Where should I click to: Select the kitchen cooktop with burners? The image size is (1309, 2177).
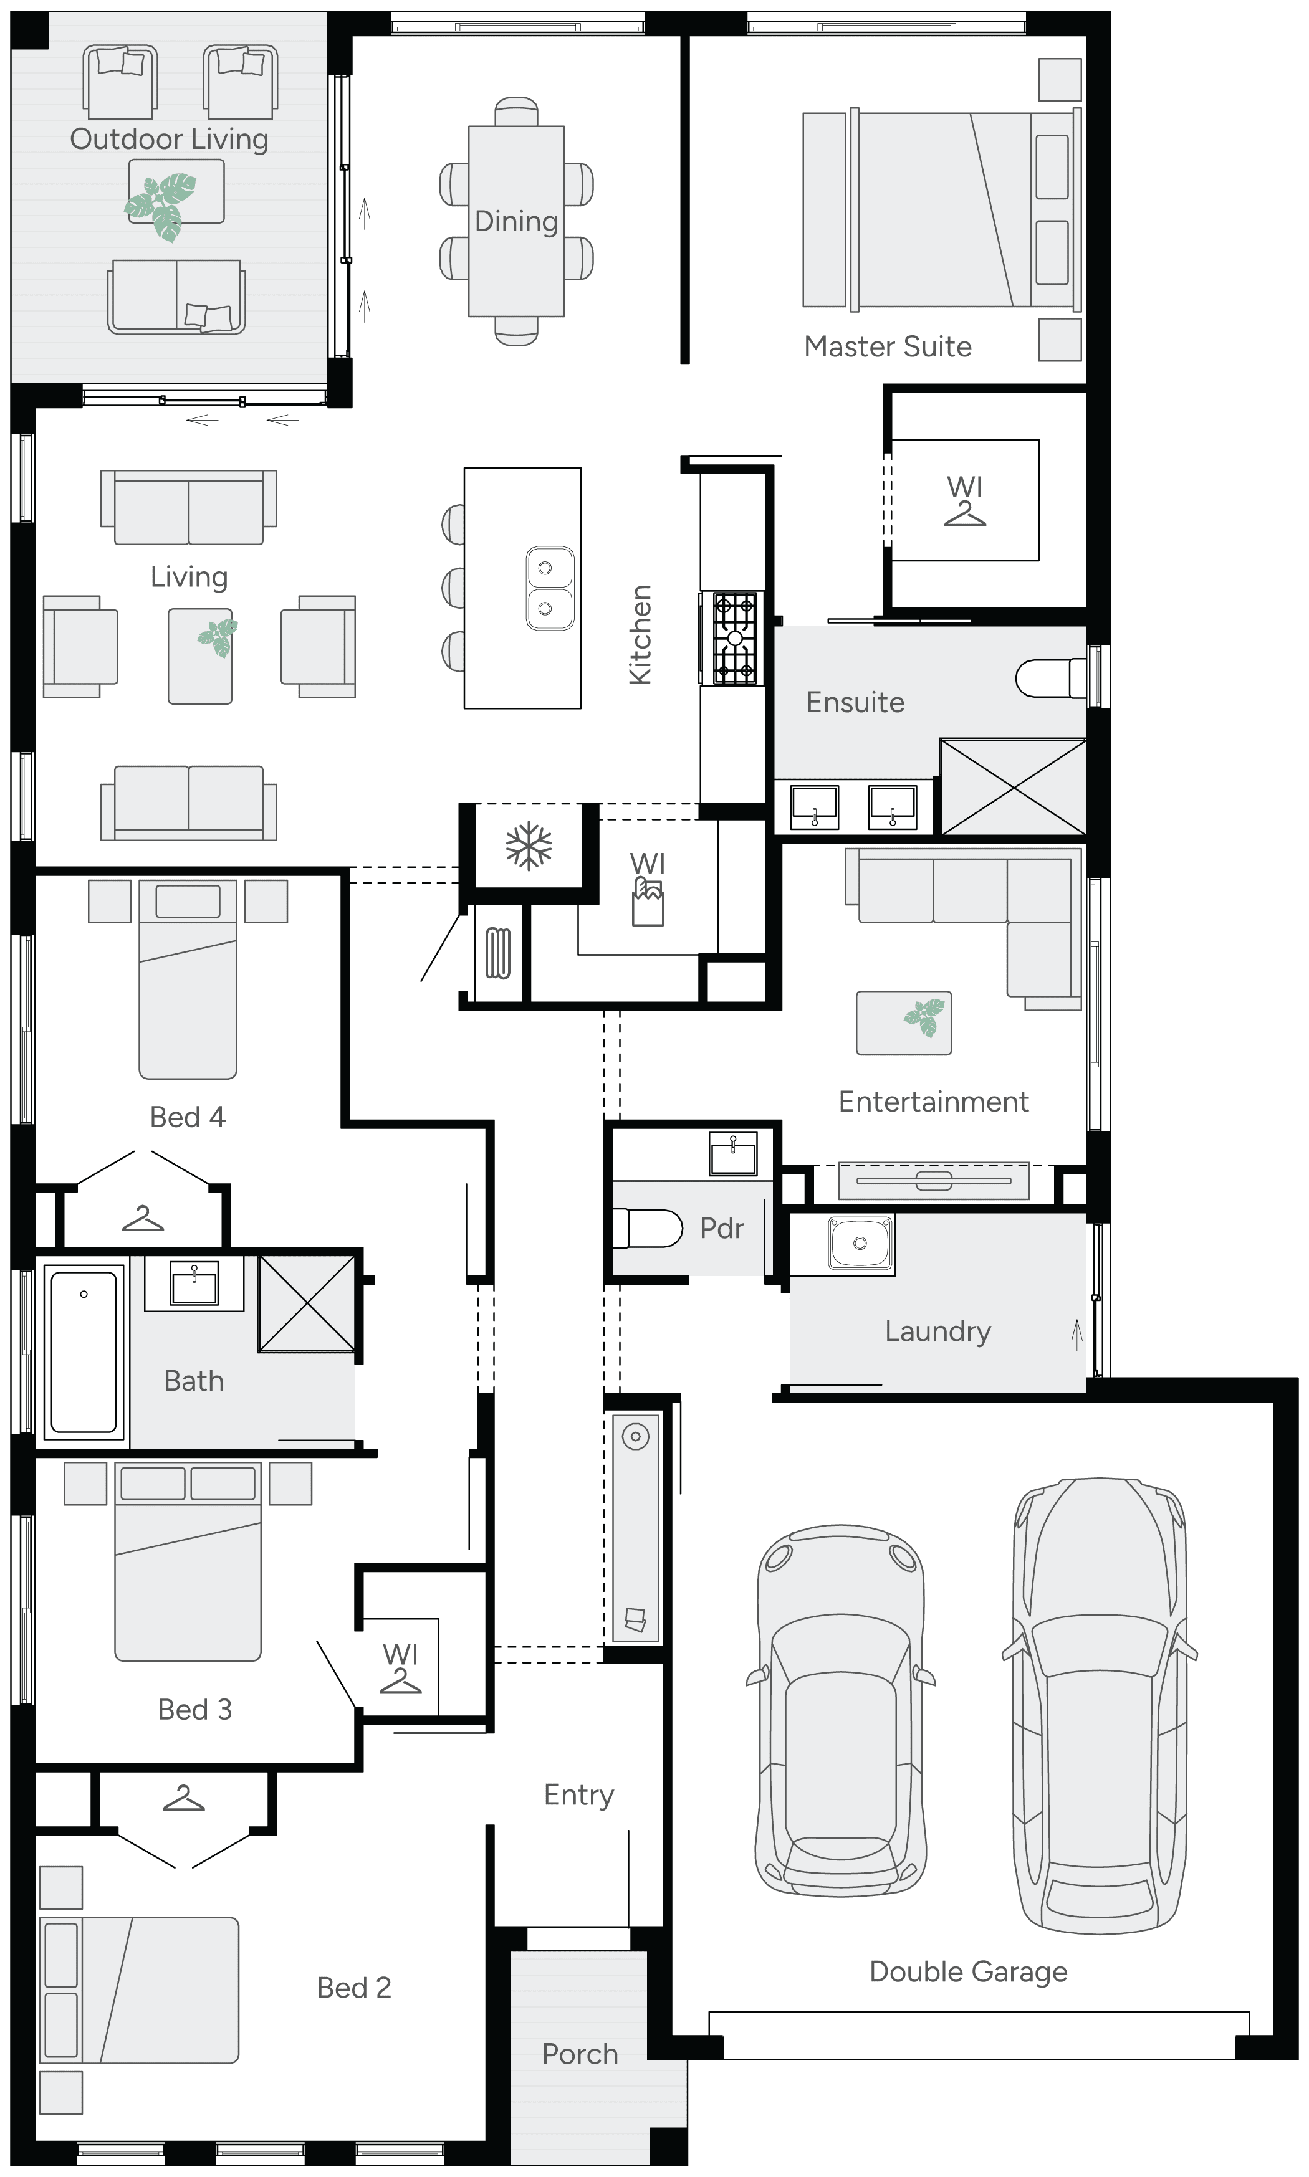734,639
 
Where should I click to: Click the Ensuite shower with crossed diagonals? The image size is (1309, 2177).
1013,786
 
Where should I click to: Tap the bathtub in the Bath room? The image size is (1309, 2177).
84,1349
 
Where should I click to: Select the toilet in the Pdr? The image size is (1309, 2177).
648,1228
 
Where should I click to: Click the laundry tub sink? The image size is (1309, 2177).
860,1243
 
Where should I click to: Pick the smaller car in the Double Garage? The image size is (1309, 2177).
841,1710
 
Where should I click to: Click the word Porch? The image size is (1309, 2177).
580,2054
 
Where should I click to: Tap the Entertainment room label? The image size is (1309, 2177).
933,1102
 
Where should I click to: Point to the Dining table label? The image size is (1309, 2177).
516,221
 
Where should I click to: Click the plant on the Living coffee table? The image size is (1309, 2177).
217,637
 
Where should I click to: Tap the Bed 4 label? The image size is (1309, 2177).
188,1117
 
